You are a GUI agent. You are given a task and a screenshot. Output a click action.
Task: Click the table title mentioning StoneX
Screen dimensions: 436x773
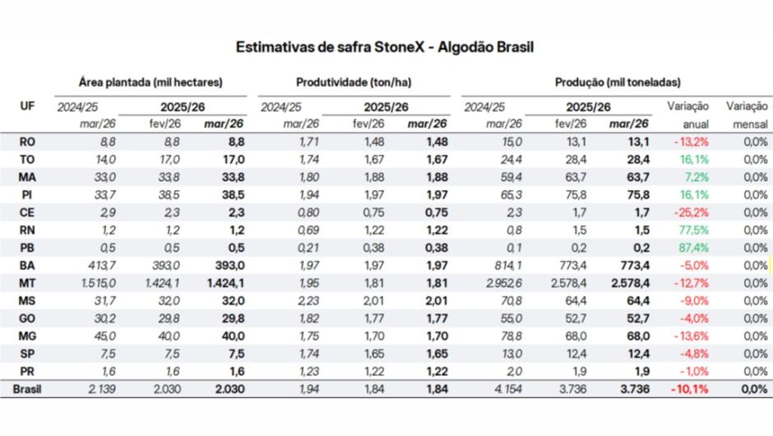pyautogui.click(x=385, y=47)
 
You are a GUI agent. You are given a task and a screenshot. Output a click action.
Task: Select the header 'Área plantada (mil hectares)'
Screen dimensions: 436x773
pyautogui.click(x=151, y=82)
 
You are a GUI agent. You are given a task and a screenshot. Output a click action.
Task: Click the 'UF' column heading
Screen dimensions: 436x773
pyautogui.click(x=26, y=106)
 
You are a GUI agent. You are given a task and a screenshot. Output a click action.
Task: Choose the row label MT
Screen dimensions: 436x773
pyautogui.click(x=27, y=283)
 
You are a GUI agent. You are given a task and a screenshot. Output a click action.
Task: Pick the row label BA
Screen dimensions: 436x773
pyautogui.click(x=27, y=265)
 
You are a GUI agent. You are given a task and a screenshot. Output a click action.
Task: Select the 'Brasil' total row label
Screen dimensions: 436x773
pyautogui.click(x=27, y=389)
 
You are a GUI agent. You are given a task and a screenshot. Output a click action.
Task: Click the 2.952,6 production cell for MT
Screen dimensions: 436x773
pyautogui.click(x=500, y=283)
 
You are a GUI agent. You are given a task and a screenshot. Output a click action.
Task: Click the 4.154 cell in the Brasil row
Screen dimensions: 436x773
pyautogui.click(x=506, y=389)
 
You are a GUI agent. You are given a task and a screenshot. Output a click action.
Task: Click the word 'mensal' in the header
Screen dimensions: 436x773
pyautogui.click(x=749, y=124)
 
